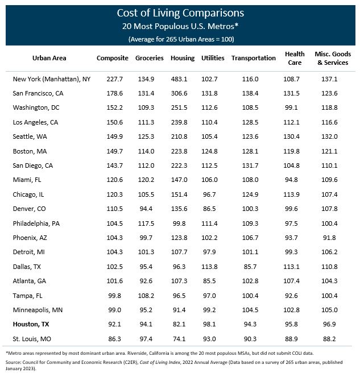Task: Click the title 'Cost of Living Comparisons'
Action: click(x=180, y=13)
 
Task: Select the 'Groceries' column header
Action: click(x=150, y=58)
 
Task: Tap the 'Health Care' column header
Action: click(x=291, y=58)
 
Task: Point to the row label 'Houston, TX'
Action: click(x=34, y=325)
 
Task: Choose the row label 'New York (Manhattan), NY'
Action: click(x=51, y=79)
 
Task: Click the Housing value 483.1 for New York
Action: click(x=182, y=79)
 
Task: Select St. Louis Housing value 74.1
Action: click(x=182, y=338)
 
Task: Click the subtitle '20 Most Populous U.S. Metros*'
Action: click(x=180, y=26)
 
